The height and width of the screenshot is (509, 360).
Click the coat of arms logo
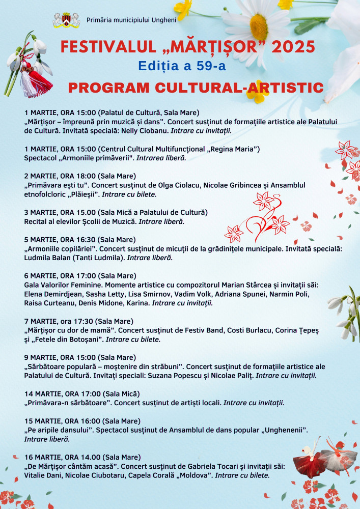66,20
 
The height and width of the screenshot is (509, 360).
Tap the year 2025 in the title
293,47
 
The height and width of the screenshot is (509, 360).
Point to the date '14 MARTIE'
40,393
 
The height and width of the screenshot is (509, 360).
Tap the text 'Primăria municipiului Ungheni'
131,20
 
